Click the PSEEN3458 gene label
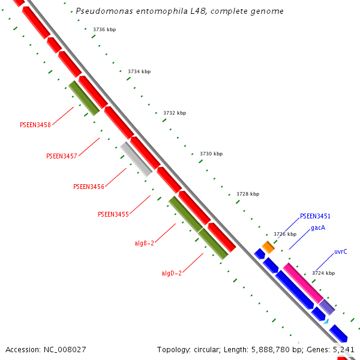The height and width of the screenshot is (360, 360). (35, 125)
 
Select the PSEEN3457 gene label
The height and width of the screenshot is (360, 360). (62, 156)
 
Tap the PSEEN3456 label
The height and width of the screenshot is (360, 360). (89, 187)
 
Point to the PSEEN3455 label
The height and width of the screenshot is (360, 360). (113, 214)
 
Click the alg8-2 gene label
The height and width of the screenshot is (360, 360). (145, 243)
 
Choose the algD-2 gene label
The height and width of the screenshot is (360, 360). (172, 273)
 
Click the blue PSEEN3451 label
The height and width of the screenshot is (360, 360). (315, 216)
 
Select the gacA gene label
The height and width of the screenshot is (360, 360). (318, 228)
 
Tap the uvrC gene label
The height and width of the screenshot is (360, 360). (341, 252)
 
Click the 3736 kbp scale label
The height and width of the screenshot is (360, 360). (104, 29)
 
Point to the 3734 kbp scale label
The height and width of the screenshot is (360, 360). (139, 71)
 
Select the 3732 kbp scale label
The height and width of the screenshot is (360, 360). (175, 113)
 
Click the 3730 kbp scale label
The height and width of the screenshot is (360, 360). (211, 154)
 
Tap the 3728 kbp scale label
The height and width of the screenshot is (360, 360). (248, 194)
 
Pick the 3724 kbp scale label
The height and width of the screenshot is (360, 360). (323, 273)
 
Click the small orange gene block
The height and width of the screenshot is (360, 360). (268, 247)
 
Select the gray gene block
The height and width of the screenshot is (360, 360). (136, 159)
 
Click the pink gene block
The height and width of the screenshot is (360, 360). (303, 283)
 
